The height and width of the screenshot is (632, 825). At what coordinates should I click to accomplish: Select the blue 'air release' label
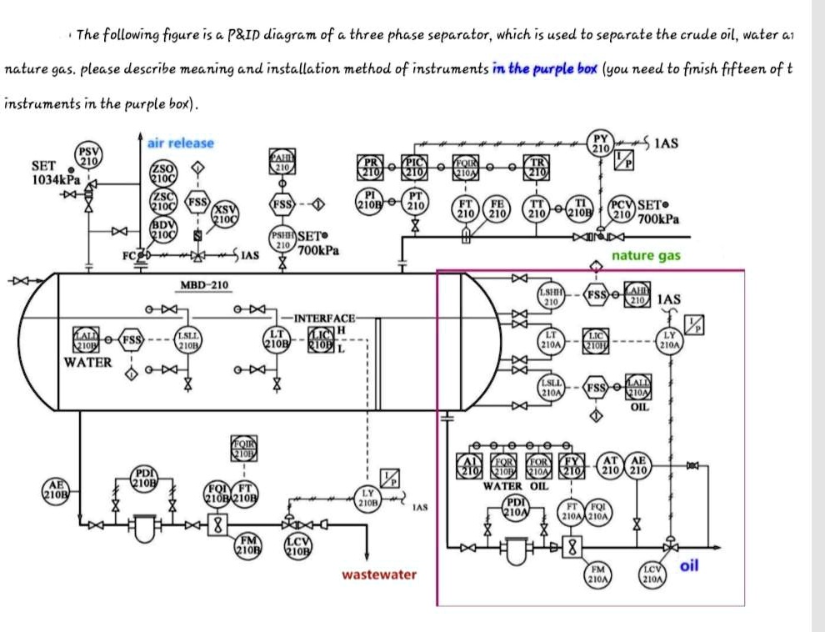180,143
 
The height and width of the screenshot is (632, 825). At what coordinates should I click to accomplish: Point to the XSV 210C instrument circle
223,213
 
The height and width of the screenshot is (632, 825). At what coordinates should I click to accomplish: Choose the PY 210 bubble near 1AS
598,143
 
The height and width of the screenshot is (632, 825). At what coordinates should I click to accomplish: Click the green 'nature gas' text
646,256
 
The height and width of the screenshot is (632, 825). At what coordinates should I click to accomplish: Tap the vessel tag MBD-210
204,287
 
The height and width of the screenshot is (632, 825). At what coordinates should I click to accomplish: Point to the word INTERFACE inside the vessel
325,319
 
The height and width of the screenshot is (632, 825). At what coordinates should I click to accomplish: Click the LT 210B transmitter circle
277,339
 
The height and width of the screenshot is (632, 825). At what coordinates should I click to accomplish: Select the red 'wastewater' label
379,574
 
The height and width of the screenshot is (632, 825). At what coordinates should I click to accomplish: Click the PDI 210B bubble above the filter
142,479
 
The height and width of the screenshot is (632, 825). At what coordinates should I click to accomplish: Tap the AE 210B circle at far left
57,489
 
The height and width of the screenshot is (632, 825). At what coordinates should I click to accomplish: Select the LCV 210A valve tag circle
652,573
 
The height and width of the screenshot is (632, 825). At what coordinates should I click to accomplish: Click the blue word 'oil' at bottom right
688,566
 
